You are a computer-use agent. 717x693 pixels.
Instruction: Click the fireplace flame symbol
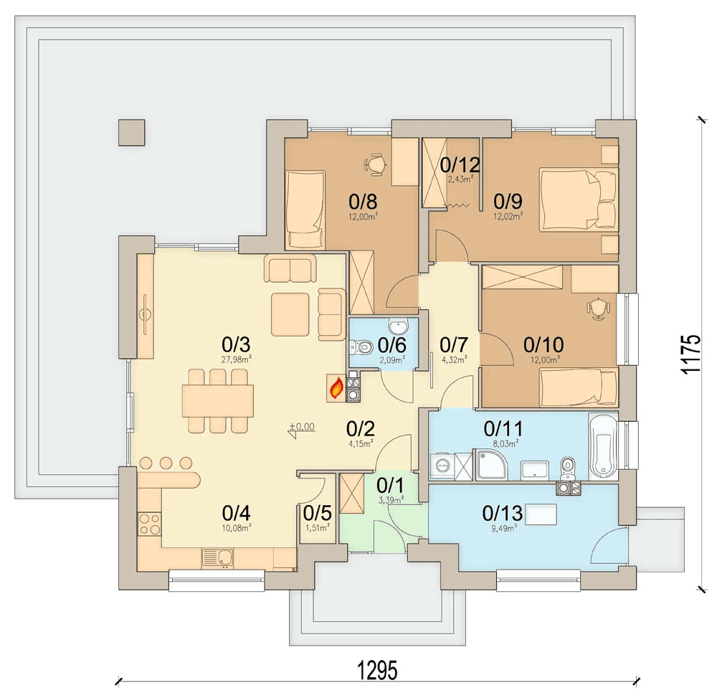(x=336, y=388)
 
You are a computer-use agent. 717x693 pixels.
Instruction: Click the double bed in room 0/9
(x=579, y=199)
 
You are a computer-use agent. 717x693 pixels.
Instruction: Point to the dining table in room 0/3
(x=218, y=401)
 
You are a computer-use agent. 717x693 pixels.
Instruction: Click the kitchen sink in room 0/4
(x=218, y=558)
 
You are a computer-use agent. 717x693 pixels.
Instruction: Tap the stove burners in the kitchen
(x=150, y=524)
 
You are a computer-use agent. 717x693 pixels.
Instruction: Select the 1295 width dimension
(x=377, y=671)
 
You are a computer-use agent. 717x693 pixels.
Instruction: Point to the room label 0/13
(x=502, y=513)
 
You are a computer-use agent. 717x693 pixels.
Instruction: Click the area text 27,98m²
(x=237, y=360)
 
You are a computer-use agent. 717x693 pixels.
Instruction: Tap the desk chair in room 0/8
(x=375, y=165)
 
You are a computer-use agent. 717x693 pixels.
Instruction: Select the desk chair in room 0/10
(x=598, y=308)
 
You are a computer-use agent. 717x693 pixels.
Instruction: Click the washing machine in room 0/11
(x=442, y=466)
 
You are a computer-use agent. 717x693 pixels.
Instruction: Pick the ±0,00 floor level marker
(x=301, y=429)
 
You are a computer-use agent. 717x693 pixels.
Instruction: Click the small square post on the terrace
(x=132, y=133)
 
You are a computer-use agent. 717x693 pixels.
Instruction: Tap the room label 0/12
(x=460, y=165)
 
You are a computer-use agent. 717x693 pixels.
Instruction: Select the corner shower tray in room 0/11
(x=492, y=465)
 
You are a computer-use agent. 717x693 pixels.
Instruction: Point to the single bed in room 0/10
(x=579, y=388)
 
